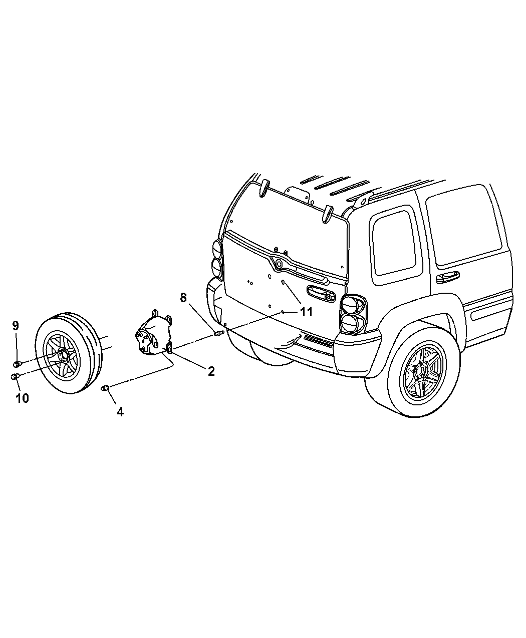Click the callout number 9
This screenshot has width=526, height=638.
(16, 325)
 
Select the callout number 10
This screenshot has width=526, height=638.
(22, 398)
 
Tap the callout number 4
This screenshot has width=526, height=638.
(120, 412)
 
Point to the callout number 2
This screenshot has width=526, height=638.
(211, 371)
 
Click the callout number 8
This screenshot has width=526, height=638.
(183, 298)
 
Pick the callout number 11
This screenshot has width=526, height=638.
(306, 312)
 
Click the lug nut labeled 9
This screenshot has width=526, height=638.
(17, 363)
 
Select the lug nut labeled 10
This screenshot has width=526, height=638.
(15, 376)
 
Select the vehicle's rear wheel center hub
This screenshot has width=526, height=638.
(422, 372)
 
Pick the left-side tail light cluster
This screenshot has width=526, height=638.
(216, 258)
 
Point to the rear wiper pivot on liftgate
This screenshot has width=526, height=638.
(278, 262)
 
